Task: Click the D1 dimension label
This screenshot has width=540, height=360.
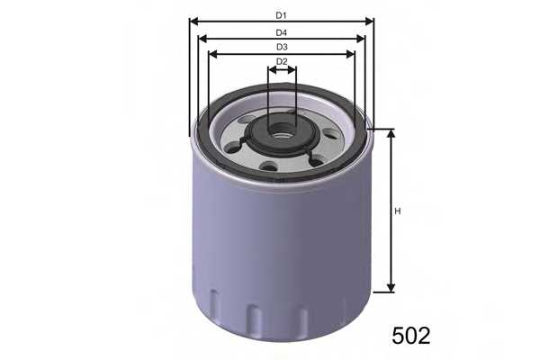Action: tap(281, 16)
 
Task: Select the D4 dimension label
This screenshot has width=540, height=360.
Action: tap(281, 32)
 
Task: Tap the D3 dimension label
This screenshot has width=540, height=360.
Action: tap(281, 48)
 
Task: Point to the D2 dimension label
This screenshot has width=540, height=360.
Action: tap(282, 62)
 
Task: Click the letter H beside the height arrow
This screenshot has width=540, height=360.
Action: tap(398, 211)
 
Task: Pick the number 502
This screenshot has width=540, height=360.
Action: tap(411, 336)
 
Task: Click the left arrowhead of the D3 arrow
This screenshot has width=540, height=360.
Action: tap(212, 54)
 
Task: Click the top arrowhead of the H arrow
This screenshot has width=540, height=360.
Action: tap(391, 133)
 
